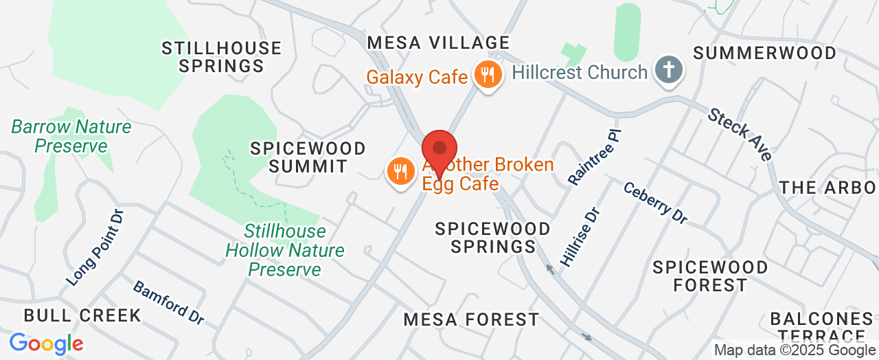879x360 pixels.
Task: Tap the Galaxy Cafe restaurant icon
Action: pos(488,75)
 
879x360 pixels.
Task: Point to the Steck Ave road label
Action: pos(740,134)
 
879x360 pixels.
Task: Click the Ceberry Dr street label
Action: pos(655,202)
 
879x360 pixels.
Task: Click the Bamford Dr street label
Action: pos(168,302)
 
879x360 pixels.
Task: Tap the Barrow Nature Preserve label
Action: pos(71,136)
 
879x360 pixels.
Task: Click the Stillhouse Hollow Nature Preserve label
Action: pos(285,250)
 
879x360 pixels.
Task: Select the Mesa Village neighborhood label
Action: pos(439,43)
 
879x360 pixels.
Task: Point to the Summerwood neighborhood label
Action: pos(764,53)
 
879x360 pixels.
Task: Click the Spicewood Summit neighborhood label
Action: pos(308,157)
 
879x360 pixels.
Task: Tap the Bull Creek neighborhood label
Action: pos(82,315)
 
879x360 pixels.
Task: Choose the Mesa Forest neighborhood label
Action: pos(471,319)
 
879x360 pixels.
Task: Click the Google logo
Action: pos(46,344)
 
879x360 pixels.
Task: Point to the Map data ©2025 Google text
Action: pos(795,350)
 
